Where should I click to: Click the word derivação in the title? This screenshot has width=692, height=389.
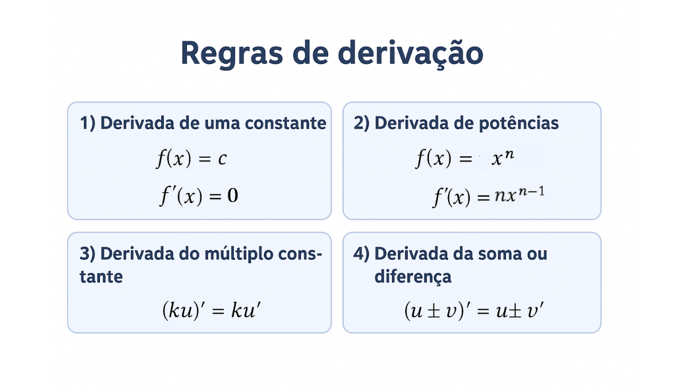pyautogui.click(x=410, y=53)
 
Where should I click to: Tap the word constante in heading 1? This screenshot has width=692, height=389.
pyautogui.click(x=285, y=124)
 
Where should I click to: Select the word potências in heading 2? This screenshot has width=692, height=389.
pyautogui.click(x=518, y=124)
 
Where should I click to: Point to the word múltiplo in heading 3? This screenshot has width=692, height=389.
pyautogui.click(x=239, y=254)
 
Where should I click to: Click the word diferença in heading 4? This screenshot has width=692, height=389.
pyautogui.click(x=412, y=276)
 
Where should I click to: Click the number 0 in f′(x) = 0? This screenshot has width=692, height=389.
pyautogui.click(x=232, y=196)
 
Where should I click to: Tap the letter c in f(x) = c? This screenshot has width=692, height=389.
pyautogui.click(x=222, y=159)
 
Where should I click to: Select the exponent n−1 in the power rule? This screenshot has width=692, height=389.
pyautogui.click(x=531, y=192)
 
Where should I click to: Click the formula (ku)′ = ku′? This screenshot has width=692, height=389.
pyautogui.click(x=211, y=310)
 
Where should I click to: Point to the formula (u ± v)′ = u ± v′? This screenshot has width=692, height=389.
pyautogui.click(x=474, y=310)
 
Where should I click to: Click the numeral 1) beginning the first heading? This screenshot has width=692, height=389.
pyautogui.click(x=88, y=124)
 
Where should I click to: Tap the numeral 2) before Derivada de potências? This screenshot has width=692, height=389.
pyautogui.click(x=362, y=124)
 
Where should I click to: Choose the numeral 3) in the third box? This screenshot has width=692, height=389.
pyautogui.click(x=88, y=254)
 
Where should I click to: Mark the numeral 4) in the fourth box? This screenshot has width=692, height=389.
pyautogui.click(x=362, y=254)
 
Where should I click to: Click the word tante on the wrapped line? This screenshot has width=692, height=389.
pyautogui.click(x=101, y=277)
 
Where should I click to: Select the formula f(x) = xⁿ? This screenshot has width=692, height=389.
pyautogui.click(x=465, y=159)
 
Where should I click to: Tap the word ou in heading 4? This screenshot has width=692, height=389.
pyautogui.click(x=537, y=254)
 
